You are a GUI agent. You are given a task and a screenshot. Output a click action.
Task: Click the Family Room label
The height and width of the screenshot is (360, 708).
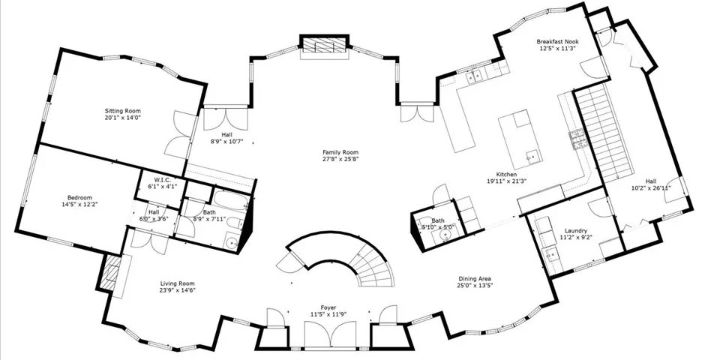(340, 152)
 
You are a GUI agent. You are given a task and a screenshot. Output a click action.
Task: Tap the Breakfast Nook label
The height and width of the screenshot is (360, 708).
(558, 41)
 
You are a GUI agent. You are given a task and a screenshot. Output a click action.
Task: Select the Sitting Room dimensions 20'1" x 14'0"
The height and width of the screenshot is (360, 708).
(123, 118)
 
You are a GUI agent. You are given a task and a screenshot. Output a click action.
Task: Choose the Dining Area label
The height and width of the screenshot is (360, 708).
(475, 279)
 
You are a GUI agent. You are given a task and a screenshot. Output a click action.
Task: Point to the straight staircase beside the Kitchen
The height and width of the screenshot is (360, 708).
(604, 133)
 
